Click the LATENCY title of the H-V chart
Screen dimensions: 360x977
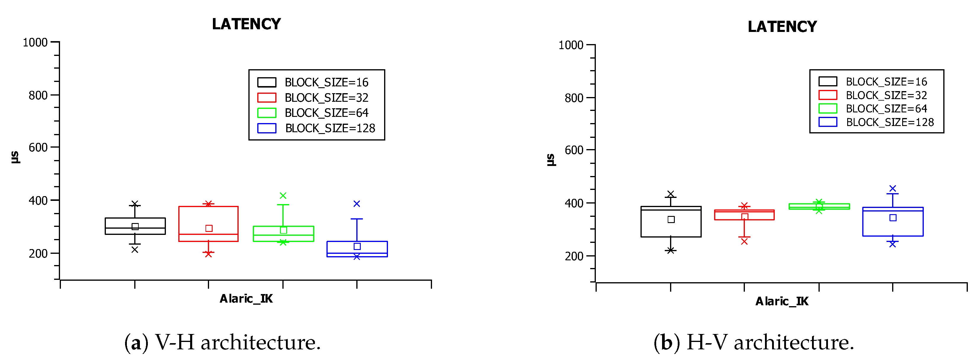(782, 27)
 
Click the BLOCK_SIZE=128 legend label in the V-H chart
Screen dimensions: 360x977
(330, 128)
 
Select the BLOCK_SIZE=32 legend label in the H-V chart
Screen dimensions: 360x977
(886, 95)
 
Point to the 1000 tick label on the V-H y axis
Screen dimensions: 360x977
(35, 43)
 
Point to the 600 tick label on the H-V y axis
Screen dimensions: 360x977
(574, 150)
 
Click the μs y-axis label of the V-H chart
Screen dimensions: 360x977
(15, 157)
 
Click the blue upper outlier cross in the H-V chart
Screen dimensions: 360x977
(892, 188)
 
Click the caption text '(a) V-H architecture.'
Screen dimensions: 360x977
(223, 342)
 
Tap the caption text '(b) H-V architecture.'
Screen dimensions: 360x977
(754, 342)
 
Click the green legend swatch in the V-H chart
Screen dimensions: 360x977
(267, 113)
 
